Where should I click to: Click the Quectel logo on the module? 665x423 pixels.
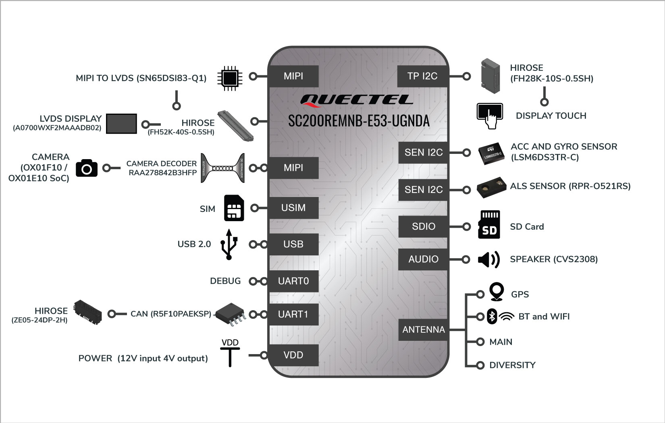(x=357, y=100)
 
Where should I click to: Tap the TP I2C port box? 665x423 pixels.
(x=422, y=76)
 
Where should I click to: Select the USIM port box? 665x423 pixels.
(x=293, y=208)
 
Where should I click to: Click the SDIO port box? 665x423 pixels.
(x=423, y=226)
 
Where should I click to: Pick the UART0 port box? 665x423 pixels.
(x=293, y=281)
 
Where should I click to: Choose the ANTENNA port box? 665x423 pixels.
(x=423, y=330)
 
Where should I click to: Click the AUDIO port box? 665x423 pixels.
(x=423, y=259)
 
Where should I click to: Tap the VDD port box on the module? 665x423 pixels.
(x=293, y=355)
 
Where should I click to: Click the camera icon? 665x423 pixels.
(x=86, y=168)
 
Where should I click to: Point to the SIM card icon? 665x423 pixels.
(x=234, y=208)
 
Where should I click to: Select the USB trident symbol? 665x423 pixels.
(x=229, y=244)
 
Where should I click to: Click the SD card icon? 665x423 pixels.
(x=489, y=224)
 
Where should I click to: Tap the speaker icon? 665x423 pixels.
(x=488, y=259)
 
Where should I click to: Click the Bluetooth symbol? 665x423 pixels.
(x=492, y=316)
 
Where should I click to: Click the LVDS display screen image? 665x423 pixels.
(x=121, y=124)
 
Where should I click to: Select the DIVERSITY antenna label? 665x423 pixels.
(x=512, y=365)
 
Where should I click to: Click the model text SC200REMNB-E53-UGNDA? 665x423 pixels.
(x=359, y=121)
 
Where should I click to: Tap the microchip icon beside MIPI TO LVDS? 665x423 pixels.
(x=230, y=79)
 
